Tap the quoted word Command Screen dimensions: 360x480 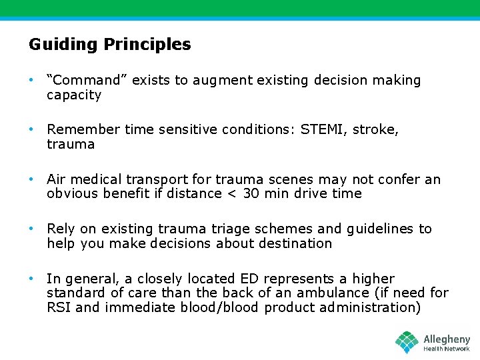(87, 81)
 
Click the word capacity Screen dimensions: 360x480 (74, 95)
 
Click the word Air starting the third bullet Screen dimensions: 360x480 (56, 179)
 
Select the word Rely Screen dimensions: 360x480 (61, 229)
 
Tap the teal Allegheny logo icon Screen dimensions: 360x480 (407, 342)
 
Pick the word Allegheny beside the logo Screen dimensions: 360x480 (447, 339)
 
